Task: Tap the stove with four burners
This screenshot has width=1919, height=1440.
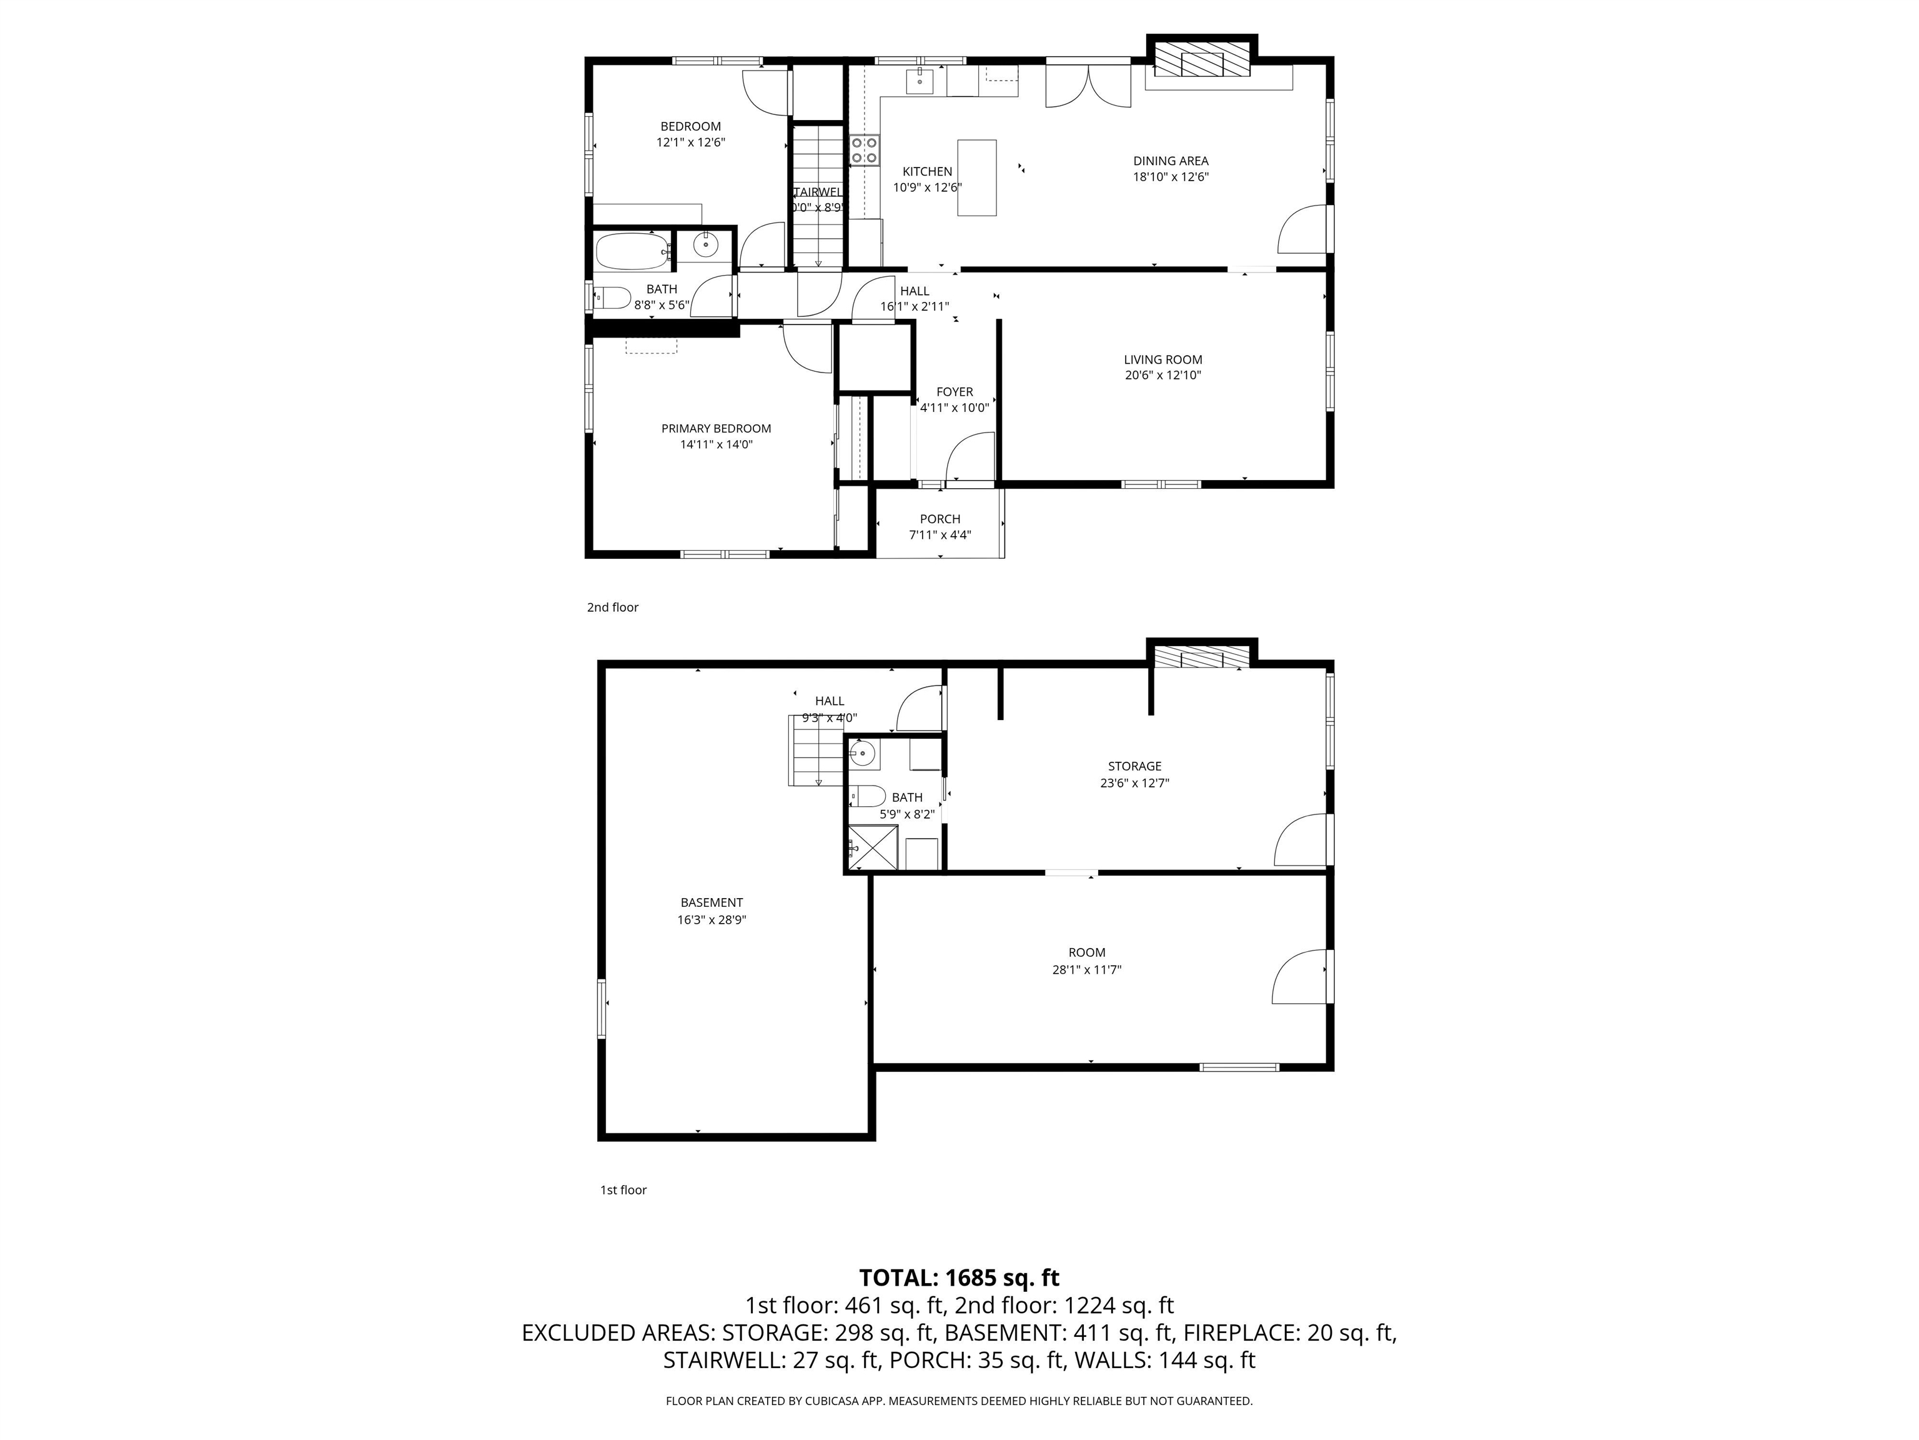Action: point(864,149)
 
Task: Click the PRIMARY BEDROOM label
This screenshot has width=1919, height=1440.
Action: point(716,428)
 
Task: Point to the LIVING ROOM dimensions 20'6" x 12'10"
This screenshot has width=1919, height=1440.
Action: point(1163,375)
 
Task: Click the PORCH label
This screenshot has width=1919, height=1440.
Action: point(940,519)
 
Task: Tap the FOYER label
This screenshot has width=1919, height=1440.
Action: point(955,391)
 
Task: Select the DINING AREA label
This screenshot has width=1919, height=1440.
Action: point(1170,161)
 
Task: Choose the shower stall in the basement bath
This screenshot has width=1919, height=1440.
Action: point(873,846)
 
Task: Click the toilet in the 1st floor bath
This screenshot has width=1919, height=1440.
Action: point(866,795)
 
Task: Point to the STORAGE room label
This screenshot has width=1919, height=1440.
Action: point(1134,766)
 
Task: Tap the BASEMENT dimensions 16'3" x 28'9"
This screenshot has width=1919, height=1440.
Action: point(712,919)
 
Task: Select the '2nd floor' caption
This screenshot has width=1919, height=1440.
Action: point(612,607)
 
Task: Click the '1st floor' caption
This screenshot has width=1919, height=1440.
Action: point(623,1189)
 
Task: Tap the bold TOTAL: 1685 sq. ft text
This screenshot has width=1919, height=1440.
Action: point(959,1277)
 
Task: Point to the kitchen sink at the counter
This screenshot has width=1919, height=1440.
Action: point(920,81)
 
